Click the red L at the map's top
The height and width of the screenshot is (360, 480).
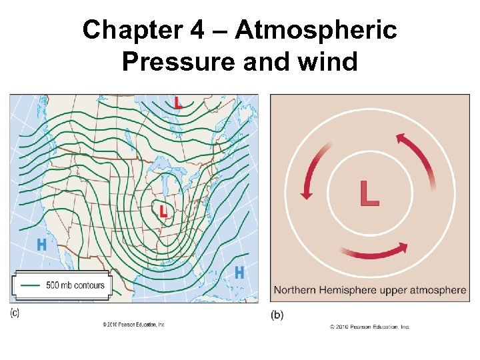point(178,103)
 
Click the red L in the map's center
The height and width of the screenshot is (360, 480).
point(163,211)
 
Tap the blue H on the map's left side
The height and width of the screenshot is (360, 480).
point(41,245)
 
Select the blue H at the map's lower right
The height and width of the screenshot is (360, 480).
point(239,273)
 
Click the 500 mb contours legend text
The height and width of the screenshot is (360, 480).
point(75,285)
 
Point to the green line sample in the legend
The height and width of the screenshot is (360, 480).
point(31,285)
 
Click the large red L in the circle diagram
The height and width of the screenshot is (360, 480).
point(369,193)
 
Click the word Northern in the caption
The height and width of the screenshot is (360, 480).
point(297,290)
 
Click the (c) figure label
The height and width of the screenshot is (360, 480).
point(15,313)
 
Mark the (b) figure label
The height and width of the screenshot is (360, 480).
point(277,315)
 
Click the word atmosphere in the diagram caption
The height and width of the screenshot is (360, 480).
point(439,290)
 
